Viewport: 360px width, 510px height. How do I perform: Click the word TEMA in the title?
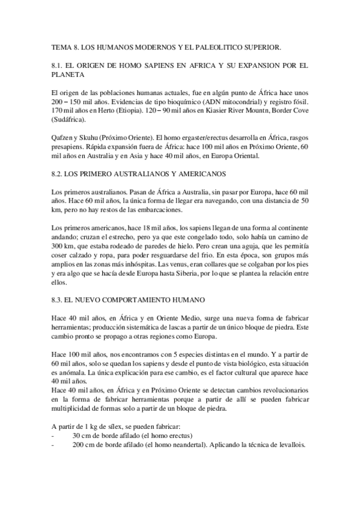coord(61,45)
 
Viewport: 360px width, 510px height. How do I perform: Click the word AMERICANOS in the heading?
coord(203,174)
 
